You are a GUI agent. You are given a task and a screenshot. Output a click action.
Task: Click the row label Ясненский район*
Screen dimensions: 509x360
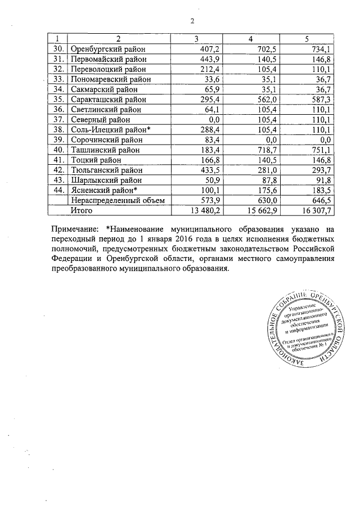click(103, 190)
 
